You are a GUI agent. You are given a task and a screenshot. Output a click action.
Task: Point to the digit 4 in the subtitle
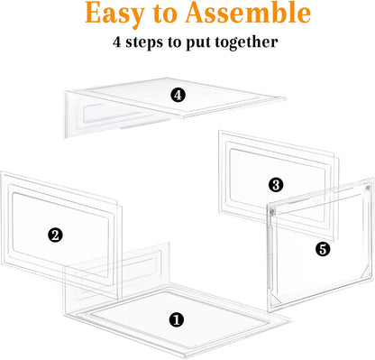pyautogui.click(x=118, y=42)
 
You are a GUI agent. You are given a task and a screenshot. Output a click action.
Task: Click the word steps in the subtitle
pyautogui.click(x=145, y=42)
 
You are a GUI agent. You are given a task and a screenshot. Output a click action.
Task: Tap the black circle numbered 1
pyautogui.click(x=177, y=318)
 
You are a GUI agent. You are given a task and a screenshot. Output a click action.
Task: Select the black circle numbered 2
pyautogui.click(x=56, y=235)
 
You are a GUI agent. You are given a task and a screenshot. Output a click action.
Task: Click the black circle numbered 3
pyautogui.click(x=276, y=185)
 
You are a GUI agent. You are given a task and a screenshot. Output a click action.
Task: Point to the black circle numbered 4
pyautogui.click(x=178, y=94)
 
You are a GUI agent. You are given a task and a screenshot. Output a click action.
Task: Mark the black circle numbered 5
pyautogui.click(x=323, y=247)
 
